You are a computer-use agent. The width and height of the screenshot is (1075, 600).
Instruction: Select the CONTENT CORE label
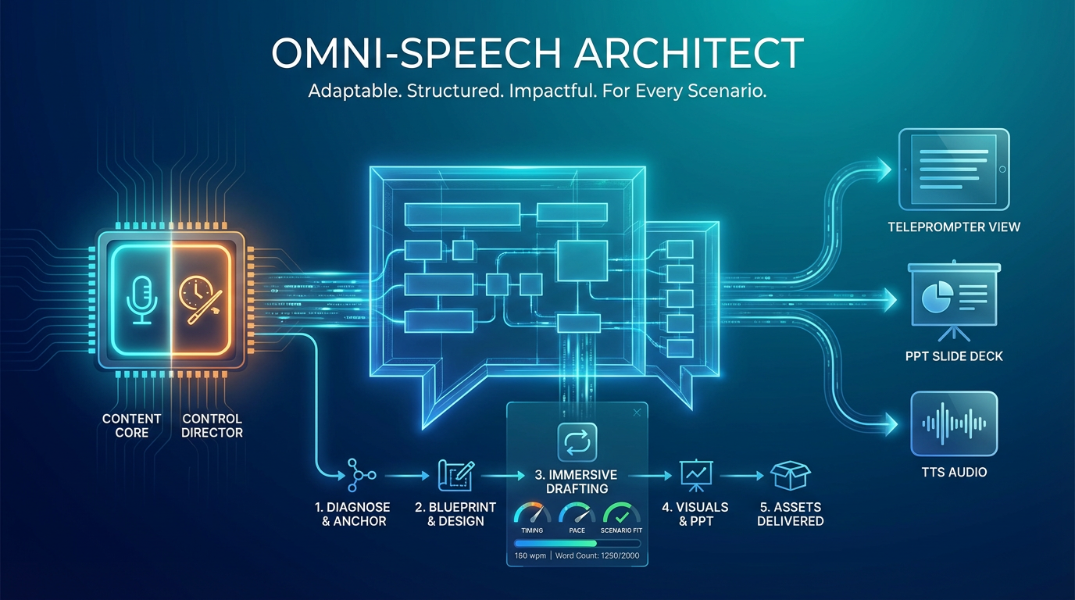131,426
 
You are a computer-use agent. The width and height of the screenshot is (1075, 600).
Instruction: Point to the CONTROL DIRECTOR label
212,426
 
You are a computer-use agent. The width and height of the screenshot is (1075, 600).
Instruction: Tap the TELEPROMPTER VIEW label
954,227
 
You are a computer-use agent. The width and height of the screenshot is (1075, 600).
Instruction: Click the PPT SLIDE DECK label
954,356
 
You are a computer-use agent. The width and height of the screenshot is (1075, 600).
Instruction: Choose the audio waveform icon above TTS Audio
954,423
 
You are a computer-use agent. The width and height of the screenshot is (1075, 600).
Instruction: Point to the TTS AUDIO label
954,472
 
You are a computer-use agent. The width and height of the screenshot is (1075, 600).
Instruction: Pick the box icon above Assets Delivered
790,474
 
